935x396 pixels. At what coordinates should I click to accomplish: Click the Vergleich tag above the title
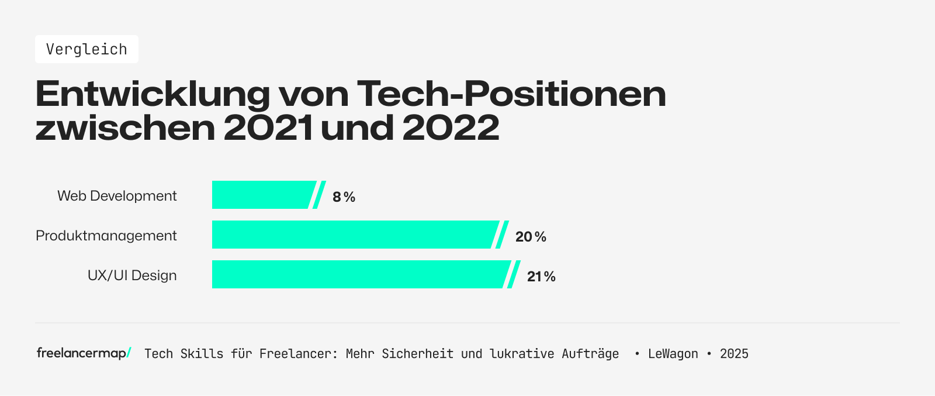[x=86, y=49]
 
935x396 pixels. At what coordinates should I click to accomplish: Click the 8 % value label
[x=344, y=197]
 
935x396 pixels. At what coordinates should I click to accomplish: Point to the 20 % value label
[x=531, y=237]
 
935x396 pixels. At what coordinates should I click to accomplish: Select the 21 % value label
[x=541, y=277]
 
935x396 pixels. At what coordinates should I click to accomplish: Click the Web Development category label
[x=117, y=196]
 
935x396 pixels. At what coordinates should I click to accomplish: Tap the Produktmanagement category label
[x=106, y=236]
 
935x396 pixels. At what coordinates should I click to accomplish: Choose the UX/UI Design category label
[x=132, y=276]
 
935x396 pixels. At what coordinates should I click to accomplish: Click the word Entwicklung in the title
[x=153, y=94]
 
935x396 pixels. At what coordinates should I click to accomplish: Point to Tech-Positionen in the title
[x=511, y=94]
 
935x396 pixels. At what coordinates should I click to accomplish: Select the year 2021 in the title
[x=268, y=128]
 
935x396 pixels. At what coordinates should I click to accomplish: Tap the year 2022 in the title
[x=451, y=128]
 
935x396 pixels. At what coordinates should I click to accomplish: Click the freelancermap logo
[x=84, y=353]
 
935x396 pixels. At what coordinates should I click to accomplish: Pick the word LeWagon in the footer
[x=673, y=354]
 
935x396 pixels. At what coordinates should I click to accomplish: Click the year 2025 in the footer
[x=734, y=354]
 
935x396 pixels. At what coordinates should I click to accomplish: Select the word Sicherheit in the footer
[x=417, y=354]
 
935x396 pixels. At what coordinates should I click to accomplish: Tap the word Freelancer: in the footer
[x=299, y=354]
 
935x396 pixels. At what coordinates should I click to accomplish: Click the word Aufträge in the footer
[x=590, y=354]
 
